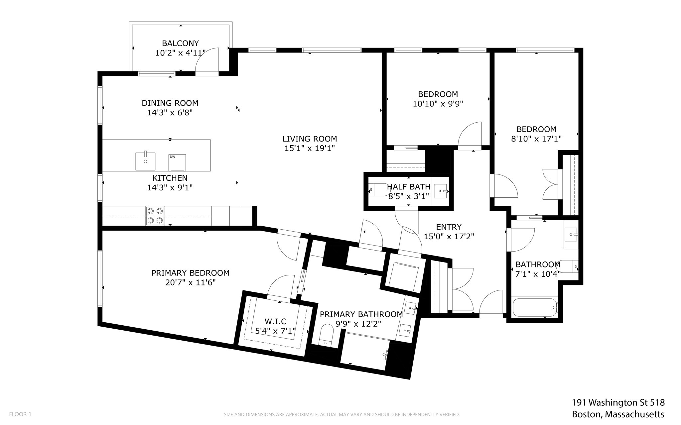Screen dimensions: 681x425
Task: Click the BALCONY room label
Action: [x=180, y=43]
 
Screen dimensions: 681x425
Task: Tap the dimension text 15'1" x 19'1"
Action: [x=310, y=148]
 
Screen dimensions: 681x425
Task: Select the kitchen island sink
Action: [x=145, y=161]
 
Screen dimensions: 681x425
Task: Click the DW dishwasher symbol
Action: [x=177, y=162]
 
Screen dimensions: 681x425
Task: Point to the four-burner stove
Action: [x=155, y=216]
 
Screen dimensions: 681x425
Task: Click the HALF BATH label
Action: [x=409, y=187]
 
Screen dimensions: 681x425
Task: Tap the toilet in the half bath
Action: [x=378, y=191]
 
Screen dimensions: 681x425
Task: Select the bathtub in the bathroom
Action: [x=535, y=307]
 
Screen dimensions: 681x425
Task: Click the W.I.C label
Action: [x=275, y=321]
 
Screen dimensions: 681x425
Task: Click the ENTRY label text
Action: [x=449, y=227]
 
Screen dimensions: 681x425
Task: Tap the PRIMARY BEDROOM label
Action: [x=191, y=273]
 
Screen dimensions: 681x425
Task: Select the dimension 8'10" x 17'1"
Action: [x=536, y=139]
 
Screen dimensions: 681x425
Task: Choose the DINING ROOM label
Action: [x=170, y=103]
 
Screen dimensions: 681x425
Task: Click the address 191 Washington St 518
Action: [x=618, y=403]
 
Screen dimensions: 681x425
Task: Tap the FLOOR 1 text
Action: [x=20, y=414]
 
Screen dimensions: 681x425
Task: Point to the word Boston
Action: [x=586, y=414]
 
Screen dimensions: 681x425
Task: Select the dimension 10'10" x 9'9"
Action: [x=438, y=104]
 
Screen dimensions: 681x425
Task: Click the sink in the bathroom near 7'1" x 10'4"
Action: [x=571, y=235]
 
